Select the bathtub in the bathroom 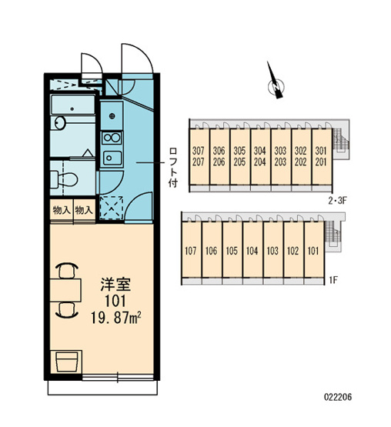tap(73, 105)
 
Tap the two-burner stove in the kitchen tap(112, 138)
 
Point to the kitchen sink tap(112, 158)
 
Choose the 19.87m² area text tap(115, 318)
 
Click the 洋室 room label tap(115, 285)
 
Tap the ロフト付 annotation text tap(172, 168)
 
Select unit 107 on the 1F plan tap(190, 251)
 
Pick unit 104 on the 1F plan tap(252, 251)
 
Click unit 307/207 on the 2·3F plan tap(198, 156)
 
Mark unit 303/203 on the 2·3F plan tap(280, 156)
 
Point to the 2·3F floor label tap(337, 201)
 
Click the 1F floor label tap(334, 279)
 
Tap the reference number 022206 tap(338, 397)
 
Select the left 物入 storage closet tap(62, 210)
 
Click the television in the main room tap(66, 362)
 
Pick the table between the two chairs tap(65, 290)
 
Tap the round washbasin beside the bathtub tap(60, 123)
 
